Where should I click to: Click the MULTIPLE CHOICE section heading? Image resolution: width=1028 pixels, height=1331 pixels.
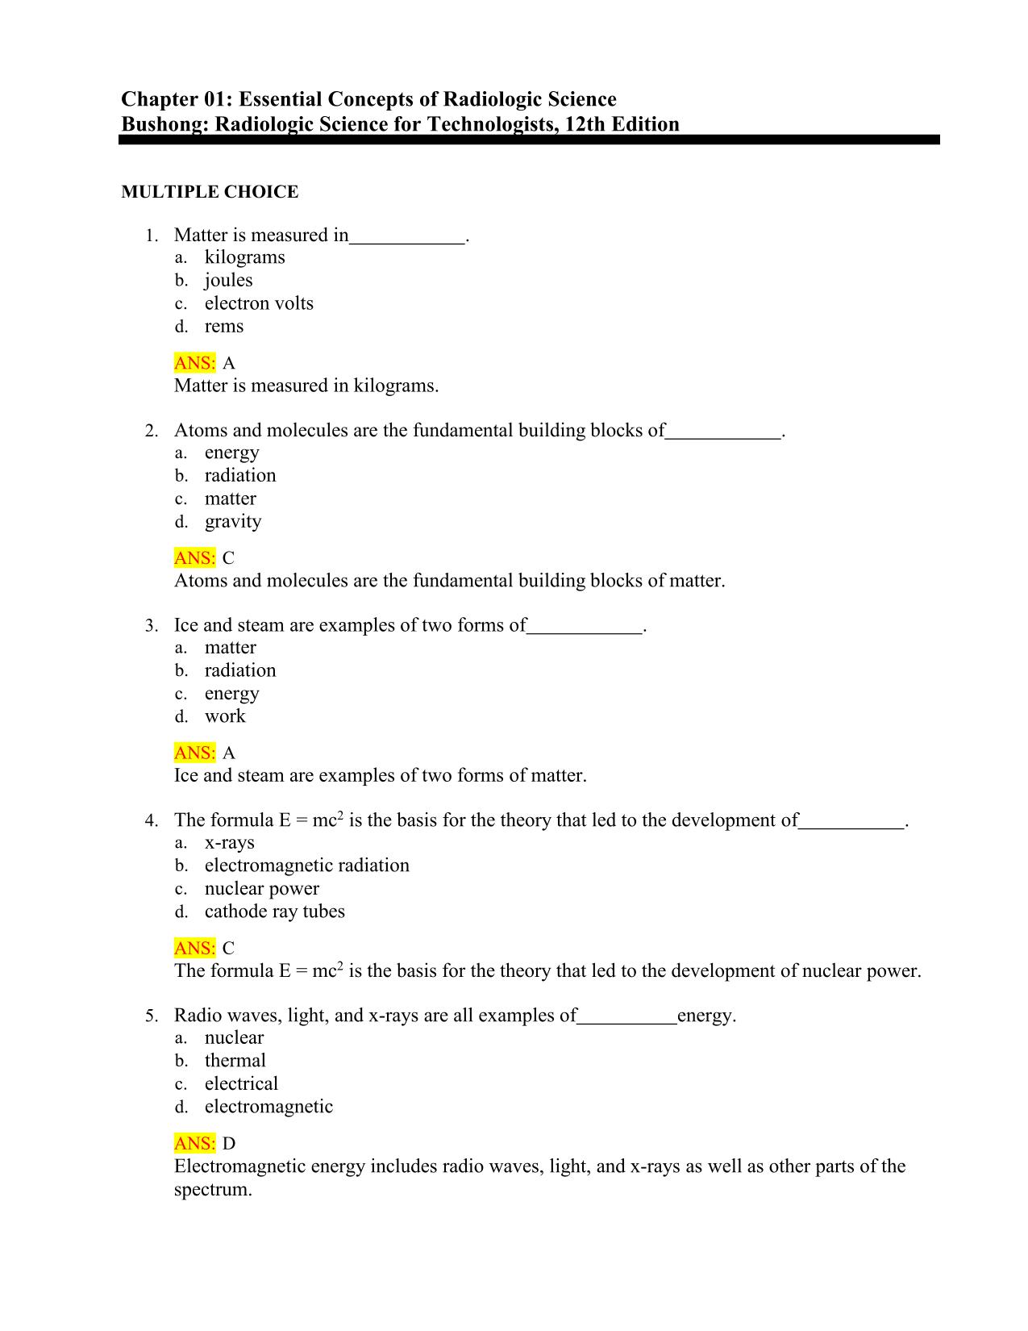click(x=210, y=192)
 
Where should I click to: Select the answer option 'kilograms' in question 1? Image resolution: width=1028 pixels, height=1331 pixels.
click(x=244, y=257)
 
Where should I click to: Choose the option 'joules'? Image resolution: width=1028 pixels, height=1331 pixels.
click(x=228, y=280)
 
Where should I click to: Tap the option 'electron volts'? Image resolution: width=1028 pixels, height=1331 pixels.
click(x=259, y=303)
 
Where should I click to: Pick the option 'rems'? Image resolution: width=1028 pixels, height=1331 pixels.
click(x=223, y=327)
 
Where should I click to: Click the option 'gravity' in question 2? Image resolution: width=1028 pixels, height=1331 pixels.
click(x=233, y=522)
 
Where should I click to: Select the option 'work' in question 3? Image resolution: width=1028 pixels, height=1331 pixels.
click(x=225, y=716)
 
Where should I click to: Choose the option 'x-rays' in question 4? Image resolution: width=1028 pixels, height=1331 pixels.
click(x=229, y=843)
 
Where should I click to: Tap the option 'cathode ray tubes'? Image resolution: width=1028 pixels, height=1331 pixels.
click(x=274, y=912)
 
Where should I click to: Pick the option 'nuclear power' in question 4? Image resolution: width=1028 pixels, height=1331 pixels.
click(x=261, y=889)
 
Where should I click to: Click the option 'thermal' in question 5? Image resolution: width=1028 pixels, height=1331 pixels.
click(x=235, y=1061)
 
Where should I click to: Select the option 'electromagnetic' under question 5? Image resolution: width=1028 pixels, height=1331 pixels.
click(x=268, y=1107)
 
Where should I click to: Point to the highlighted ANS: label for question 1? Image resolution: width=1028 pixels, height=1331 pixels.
click(x=194, y=363)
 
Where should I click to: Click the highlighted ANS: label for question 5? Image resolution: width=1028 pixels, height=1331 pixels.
click(x=194, y=1144)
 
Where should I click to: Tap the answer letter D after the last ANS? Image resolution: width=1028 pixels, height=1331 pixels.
click(x=229, y=1144)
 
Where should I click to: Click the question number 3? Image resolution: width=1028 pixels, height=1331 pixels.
click(x=150, y=626)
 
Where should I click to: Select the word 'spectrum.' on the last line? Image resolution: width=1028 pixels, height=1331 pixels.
click(x=213, y=1190)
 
